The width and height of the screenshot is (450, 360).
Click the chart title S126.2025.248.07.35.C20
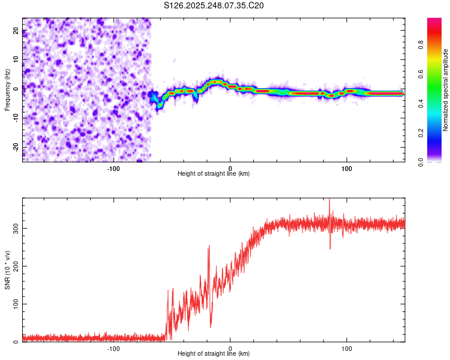click(214, 5)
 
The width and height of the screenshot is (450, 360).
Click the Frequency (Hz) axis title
click(7, 89)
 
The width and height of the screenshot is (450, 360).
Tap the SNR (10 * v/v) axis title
click(7, 270)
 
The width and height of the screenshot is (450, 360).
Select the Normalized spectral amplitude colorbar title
click(446, 90)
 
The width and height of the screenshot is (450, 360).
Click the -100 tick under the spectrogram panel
click(113, 169)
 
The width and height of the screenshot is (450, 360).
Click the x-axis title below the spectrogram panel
click(214, 174)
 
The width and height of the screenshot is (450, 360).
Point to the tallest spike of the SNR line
click(329, 200)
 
